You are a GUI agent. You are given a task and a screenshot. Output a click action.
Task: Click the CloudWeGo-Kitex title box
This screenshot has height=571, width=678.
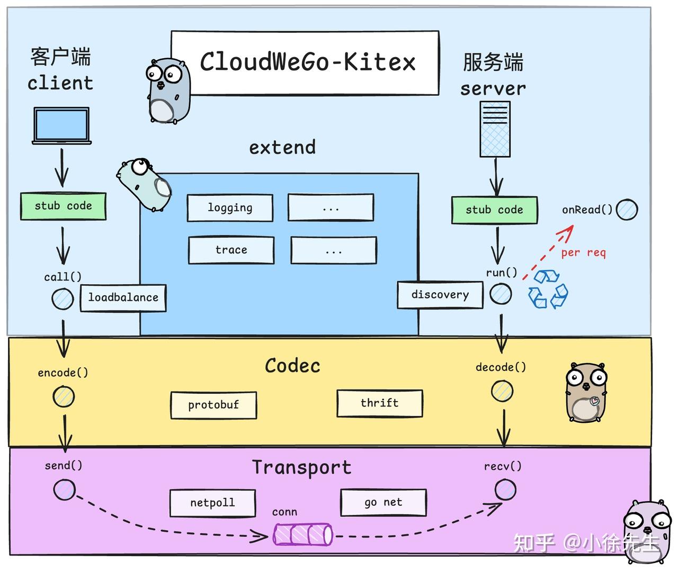(305, 63)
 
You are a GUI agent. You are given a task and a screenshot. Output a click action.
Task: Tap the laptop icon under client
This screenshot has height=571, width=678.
(62, 125)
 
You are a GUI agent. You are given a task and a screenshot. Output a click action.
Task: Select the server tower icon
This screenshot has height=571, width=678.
(495, 129)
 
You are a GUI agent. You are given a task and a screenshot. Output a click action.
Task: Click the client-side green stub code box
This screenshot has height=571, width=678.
(63, 206)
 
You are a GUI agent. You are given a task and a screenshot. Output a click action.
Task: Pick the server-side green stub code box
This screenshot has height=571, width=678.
(494, 210)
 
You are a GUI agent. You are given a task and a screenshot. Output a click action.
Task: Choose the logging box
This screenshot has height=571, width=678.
(230, 208)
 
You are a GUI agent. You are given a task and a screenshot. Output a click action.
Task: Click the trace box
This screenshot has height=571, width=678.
(231, 250)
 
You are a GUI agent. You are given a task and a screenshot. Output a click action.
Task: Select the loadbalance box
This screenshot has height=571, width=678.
(123, 298)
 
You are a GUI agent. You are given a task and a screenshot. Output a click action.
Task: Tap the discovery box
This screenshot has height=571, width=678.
(440, 295)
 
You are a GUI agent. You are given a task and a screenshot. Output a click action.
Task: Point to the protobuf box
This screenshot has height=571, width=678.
(213, 405)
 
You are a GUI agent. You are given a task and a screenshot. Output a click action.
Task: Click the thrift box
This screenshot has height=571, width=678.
(380, 403)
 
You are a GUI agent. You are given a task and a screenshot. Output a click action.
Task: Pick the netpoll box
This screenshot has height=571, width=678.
(212, 503)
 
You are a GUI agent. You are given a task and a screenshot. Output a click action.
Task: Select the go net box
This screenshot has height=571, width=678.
(383, 502)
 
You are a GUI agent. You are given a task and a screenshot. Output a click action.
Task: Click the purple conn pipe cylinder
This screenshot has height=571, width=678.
(303, 534)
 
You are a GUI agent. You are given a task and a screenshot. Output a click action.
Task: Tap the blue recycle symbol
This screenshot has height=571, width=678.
(548, 289)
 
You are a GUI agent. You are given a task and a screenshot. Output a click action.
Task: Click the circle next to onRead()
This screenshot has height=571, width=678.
(627, 210)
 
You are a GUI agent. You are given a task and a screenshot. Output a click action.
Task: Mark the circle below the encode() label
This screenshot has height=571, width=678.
(64, 396)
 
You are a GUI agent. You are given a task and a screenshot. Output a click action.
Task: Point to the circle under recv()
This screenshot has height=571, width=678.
(505, 489)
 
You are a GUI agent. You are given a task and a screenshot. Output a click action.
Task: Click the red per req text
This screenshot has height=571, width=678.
(583, 253)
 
